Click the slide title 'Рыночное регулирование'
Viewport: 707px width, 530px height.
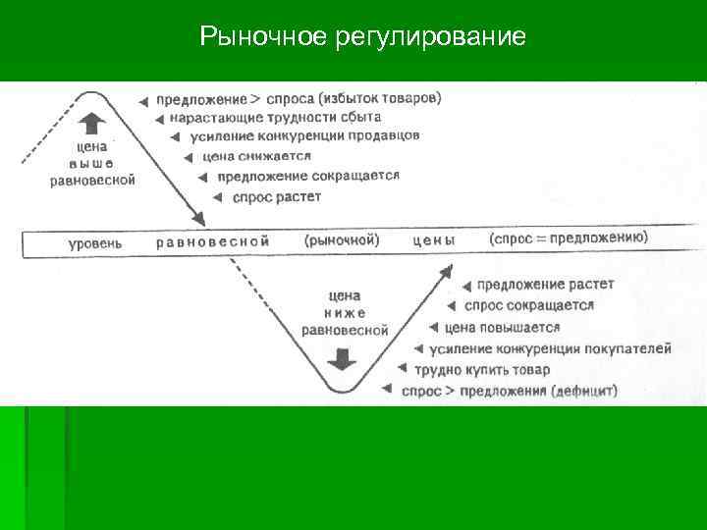[362, 37]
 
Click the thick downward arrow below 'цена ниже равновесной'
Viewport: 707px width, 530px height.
[342, 358]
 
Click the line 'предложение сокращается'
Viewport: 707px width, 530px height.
[307, 177]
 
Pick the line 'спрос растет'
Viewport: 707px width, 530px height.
[277, 197]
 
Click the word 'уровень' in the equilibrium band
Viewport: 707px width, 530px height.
[95, 242]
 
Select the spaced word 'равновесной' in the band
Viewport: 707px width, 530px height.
[213, 241]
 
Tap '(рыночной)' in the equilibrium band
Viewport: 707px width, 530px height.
[342, 240]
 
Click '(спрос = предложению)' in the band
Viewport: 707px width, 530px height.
[568, 238]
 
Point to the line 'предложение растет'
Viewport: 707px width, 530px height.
[545, 285]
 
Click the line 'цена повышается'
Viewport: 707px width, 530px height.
[502, 328]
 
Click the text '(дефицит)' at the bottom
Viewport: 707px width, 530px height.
[584, 391]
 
